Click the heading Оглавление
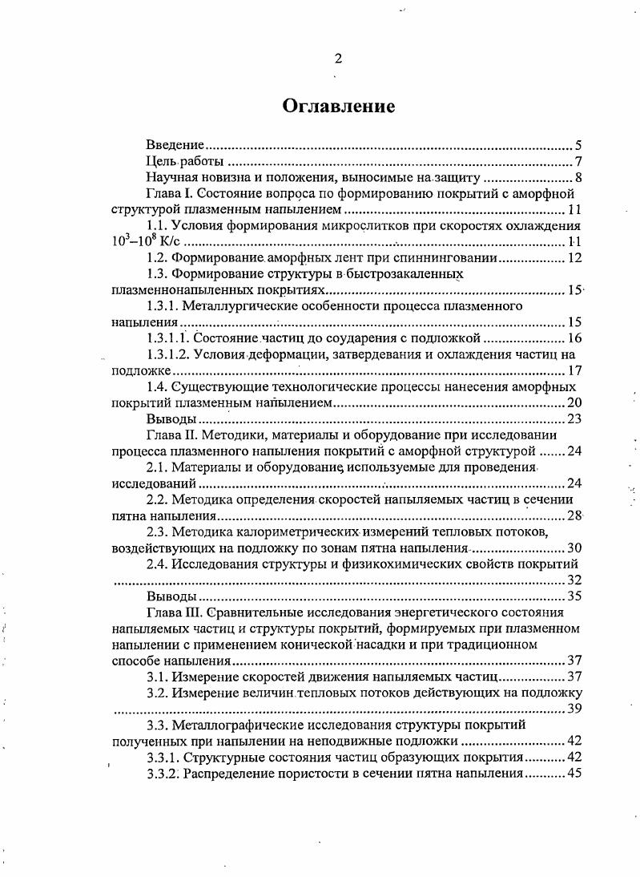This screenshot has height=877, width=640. [x=337, y=106]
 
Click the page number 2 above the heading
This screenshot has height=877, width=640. [x=337, y=58]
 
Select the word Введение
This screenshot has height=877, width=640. [x=175, y=146]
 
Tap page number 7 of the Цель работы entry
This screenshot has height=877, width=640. [x=578, y=162]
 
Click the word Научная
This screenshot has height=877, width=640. [x=171, y=178]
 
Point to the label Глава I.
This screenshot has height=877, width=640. [x=169, y=194]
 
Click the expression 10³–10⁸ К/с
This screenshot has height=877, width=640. [x=141, y=243]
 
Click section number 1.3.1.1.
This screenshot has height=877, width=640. [x=169, y=338]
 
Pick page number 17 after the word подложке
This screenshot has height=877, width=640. [x=574, y=371]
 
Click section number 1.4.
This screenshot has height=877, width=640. [x=156, y=387]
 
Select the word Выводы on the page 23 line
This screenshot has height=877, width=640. [x=171, y=419]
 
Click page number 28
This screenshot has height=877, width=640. [x=574, y=515]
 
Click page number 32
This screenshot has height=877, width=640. [x=574, y=580]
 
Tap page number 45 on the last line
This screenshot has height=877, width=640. [x=574, y=774]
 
